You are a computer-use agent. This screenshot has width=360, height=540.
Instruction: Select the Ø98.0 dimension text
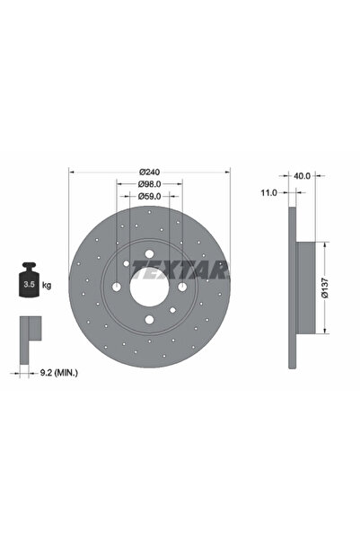pos(150,185)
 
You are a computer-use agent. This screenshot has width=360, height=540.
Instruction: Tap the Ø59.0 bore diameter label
pos(150,197)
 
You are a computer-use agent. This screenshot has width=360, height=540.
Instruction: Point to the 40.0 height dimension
pos(302,176)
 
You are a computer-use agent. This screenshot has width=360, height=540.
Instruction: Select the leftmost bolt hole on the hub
pos(118,288)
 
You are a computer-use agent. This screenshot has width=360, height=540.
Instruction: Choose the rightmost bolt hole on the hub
pos(181,288)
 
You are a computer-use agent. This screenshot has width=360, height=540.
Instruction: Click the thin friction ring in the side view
pos(291,288)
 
